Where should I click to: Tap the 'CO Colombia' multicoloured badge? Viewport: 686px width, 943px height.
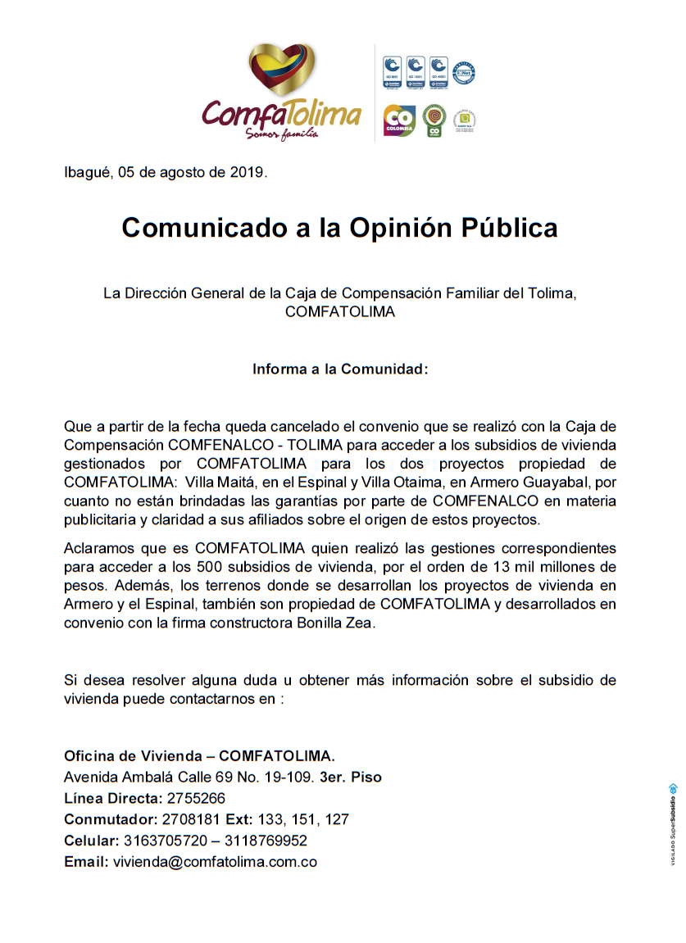[x=398, y=121]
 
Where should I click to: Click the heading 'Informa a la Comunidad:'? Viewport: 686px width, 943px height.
[x=340, y=369]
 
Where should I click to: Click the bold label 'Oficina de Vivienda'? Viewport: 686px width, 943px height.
[x=134, y=755]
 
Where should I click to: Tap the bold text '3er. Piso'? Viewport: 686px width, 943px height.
[x=352, y=777]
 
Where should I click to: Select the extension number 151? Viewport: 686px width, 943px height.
[x=304, y=819]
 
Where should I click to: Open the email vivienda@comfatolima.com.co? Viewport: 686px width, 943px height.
[x=215, y=862]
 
